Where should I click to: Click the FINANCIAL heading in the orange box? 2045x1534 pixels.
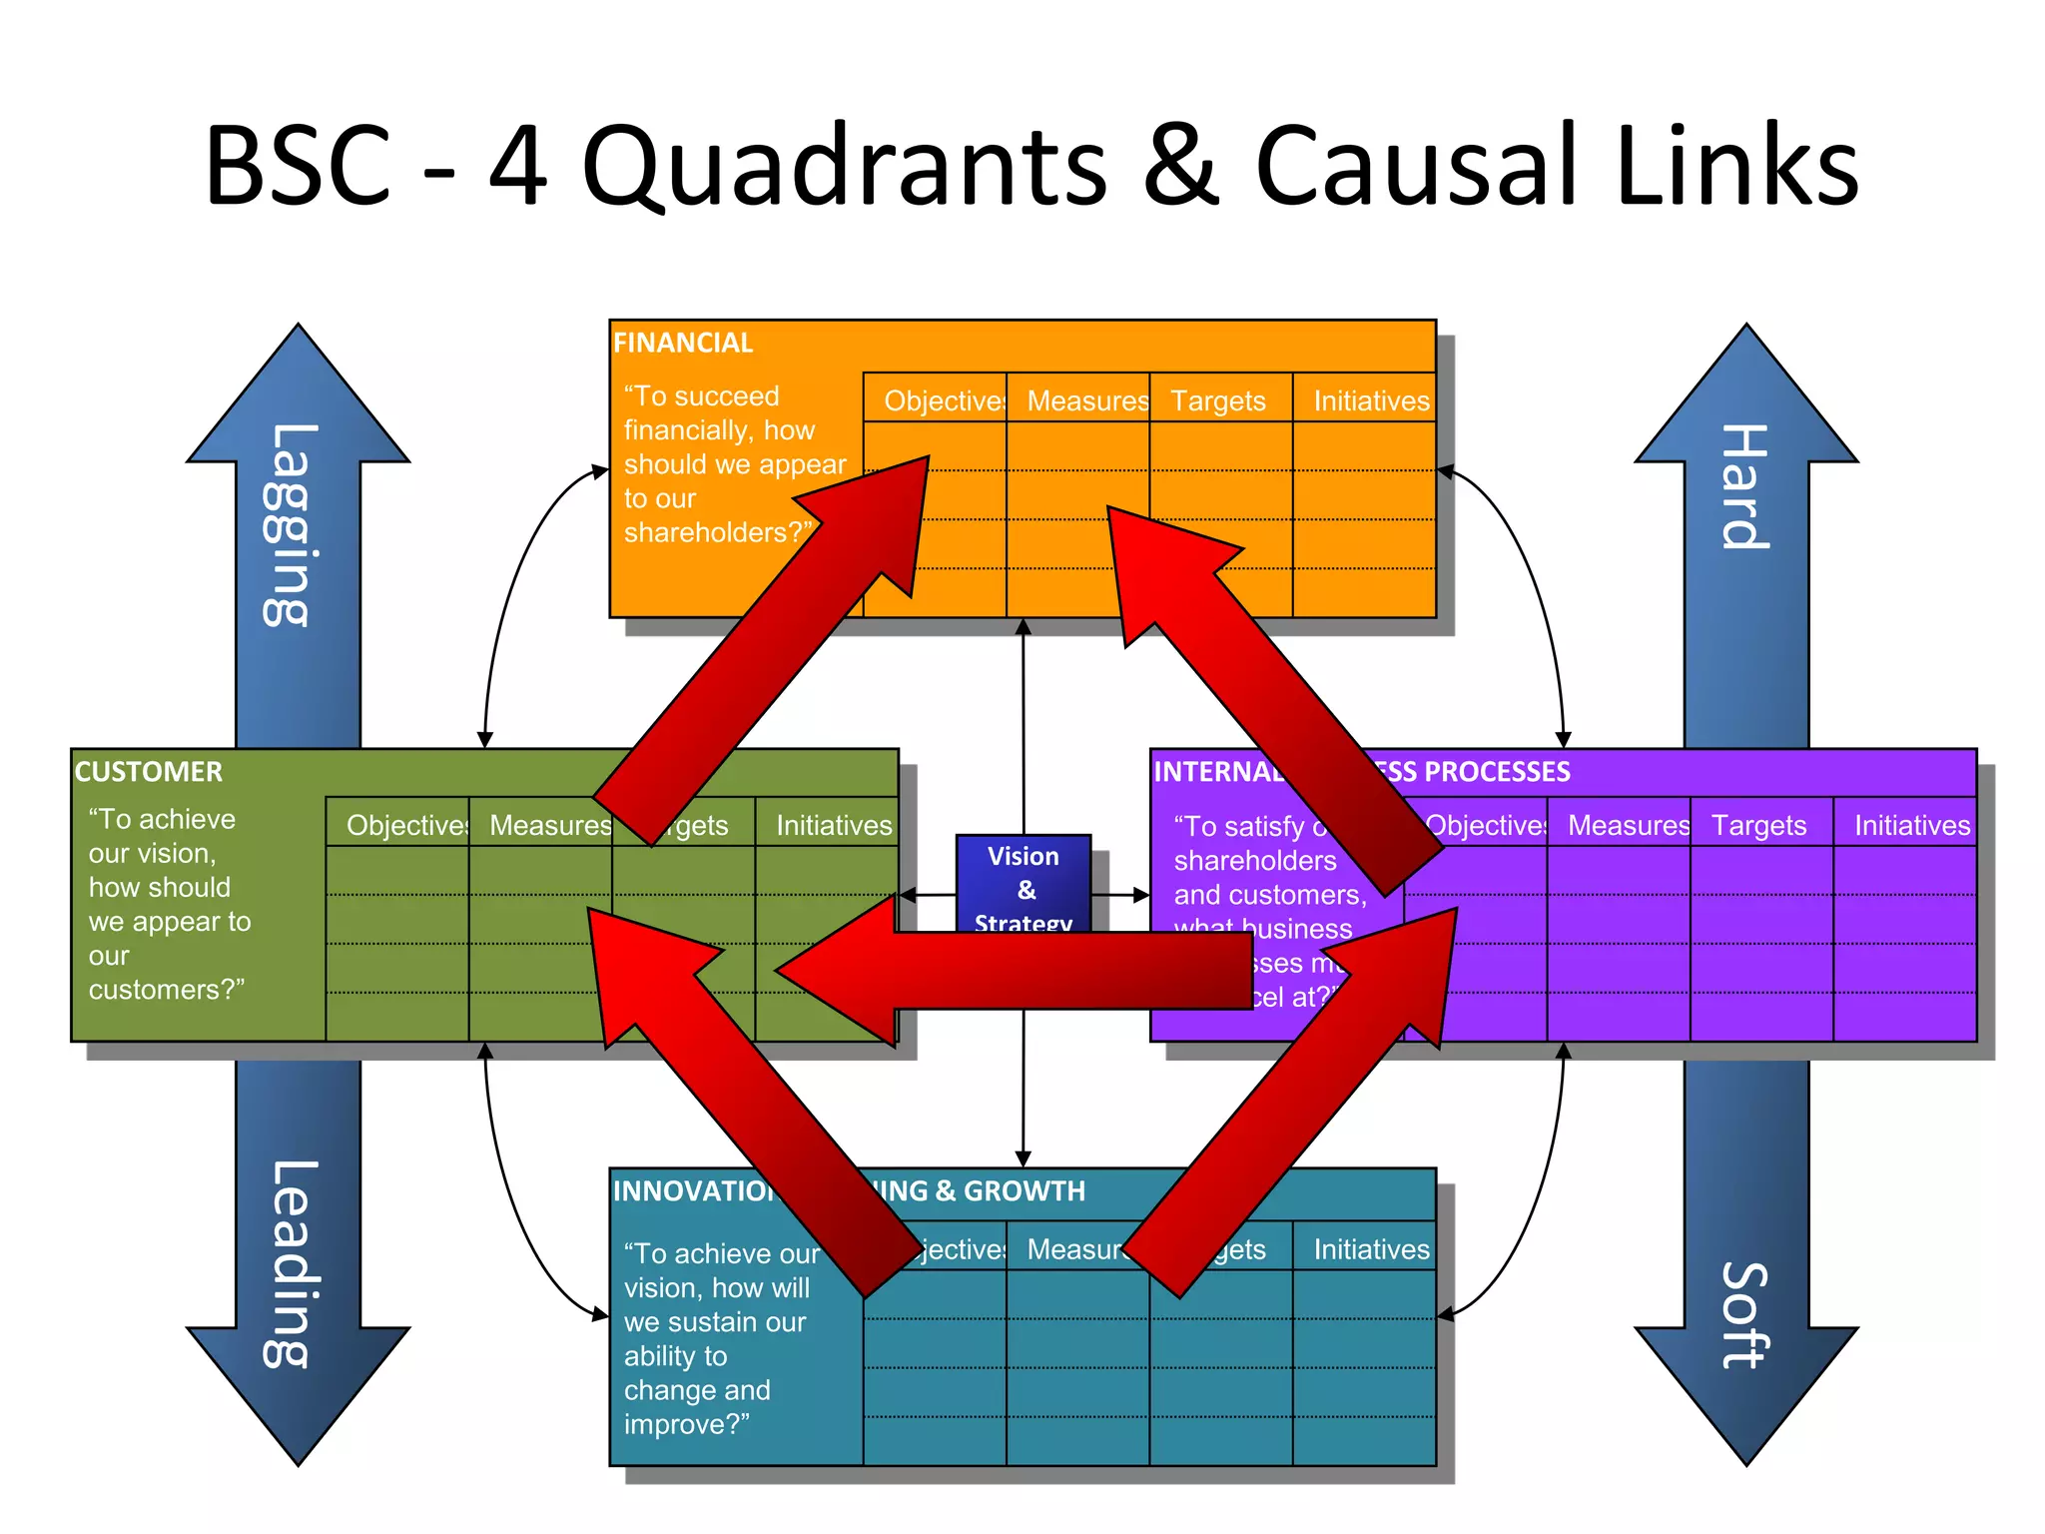coord(683,343)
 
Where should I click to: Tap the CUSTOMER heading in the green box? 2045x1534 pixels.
coord(149,771)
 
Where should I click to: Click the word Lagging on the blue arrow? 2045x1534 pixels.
coord(291,525)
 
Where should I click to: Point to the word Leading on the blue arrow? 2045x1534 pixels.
coord(291,1263)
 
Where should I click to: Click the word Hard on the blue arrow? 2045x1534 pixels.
coord(1745,486)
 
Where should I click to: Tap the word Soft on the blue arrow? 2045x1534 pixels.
coord(1745,1314)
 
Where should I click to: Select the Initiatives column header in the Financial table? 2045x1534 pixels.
coord(1371,400)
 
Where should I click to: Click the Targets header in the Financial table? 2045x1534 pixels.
coord(1217,400)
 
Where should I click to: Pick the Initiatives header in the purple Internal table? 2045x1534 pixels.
coord(1911,825)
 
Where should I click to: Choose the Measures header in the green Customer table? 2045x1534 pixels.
coord(550,825)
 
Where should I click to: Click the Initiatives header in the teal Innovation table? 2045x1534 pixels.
coord(1371,1249)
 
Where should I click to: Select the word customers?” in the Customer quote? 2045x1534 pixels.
coord(166,990)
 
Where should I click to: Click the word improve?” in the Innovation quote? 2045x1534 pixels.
coord(686,1424)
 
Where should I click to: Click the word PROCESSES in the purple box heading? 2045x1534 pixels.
coord(1497,771)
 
